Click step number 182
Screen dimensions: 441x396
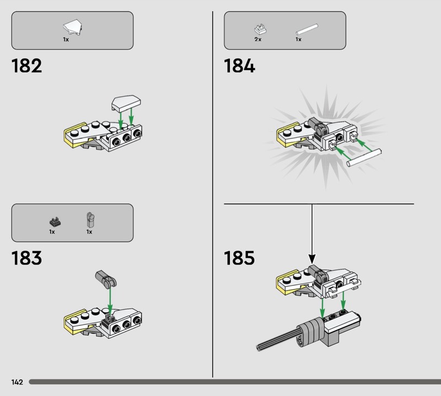(26, 66)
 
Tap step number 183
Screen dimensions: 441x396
(26, 258)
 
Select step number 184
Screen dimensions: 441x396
(239, 66)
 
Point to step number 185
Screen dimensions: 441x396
(239, 258)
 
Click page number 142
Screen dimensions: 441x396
(17, 382)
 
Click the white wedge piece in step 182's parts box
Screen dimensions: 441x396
(73, 27)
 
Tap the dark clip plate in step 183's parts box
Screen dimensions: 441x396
(55, 222)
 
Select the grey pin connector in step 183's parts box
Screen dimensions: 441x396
(90, 220)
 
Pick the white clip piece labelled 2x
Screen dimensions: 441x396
(260, 29)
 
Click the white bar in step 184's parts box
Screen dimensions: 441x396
(307, 29)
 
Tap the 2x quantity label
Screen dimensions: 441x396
(258, 39)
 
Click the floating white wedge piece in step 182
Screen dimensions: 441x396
(126, 103)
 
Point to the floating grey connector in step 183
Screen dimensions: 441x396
(106, 279)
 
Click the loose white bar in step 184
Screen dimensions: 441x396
(364, 158)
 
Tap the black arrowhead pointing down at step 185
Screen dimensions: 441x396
(312, 259)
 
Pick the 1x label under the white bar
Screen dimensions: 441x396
(298, 39)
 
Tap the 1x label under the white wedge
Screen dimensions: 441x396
(66, 39)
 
